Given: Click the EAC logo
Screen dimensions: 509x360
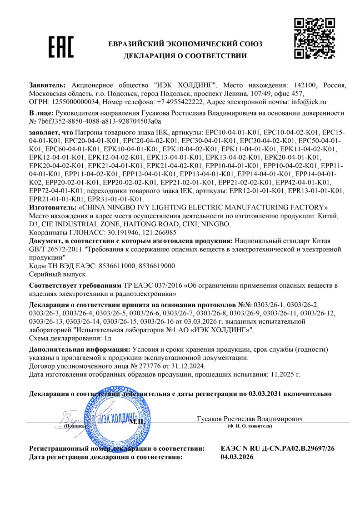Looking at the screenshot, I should [x=60, y=47].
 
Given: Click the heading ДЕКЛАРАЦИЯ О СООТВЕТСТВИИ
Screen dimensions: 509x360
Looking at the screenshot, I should [x=185, y=56].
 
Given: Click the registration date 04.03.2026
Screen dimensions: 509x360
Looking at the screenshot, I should [x=237, y=457].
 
